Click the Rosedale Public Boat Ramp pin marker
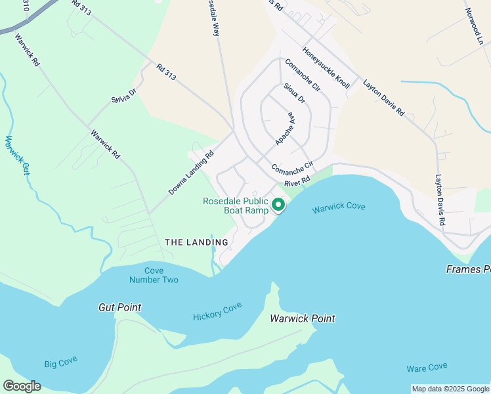click(x=278, y=206)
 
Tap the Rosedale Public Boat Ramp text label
click(x=236, y=206)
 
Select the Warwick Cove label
click(x=338, y=208)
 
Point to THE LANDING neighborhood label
click(x=196, y=242)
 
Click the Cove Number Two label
click(x=154, y=275)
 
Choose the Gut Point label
click(x=119, y=307)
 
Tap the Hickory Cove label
click(x=217, y=312)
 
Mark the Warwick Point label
click(x=303, y=318)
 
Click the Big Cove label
click(x=60, y=363)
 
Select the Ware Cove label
click(x=427, y=367)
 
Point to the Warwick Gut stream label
click(x=19, y=156)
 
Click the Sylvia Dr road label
click(x=123, y=96)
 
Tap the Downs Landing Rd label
click(x=192, y=174)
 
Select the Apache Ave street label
click(x=285, y=128)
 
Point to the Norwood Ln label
click(x=477, y=26)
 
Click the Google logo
click(x=22, y=386)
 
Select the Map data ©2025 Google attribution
click(x=450, y=389)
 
